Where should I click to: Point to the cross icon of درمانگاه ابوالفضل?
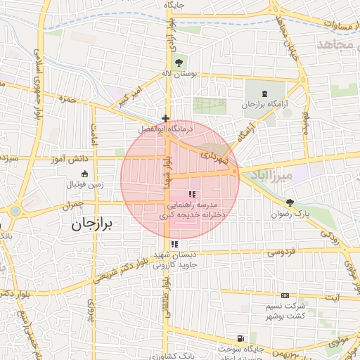tap(165, 118)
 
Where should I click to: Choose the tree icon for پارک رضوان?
tap(290, 202)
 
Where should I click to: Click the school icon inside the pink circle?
tap(192, 194)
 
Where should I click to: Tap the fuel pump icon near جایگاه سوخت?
tap(242, 338)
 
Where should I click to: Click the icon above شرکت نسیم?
tap(285, 296)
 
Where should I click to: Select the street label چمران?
tap(72, 205)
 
